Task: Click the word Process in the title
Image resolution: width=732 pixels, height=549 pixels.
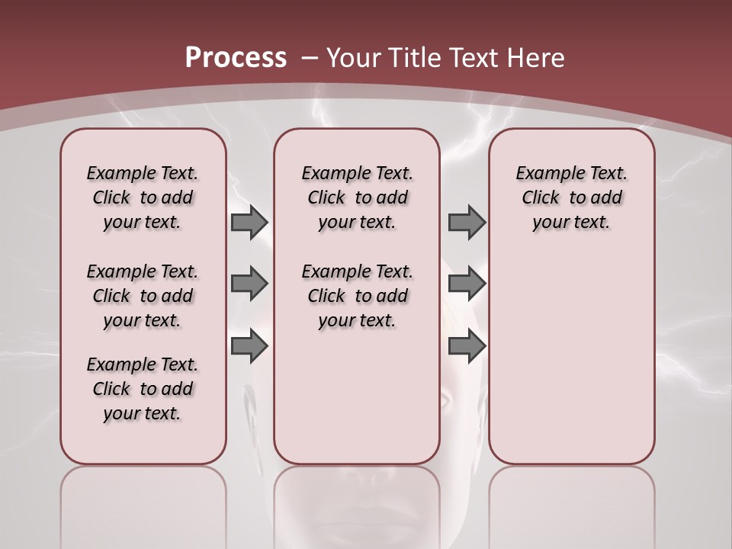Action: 236,57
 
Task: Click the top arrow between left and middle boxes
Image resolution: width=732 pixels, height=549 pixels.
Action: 249,223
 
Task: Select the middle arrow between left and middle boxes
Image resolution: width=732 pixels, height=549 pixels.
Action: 249,284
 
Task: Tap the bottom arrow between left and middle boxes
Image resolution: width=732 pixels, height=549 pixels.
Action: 249,346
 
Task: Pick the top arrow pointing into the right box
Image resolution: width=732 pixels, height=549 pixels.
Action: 467,223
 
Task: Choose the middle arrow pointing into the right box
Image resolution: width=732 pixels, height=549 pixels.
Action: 467,284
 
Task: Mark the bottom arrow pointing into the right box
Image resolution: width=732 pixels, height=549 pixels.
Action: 467,346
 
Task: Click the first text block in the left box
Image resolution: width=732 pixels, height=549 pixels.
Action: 143,197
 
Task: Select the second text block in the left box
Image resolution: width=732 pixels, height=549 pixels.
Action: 143,296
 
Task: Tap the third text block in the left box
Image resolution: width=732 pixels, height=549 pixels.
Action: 143,389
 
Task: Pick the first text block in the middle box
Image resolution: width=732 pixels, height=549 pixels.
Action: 357,197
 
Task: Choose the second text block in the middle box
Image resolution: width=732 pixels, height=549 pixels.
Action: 357,296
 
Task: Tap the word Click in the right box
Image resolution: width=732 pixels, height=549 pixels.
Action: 541,197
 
